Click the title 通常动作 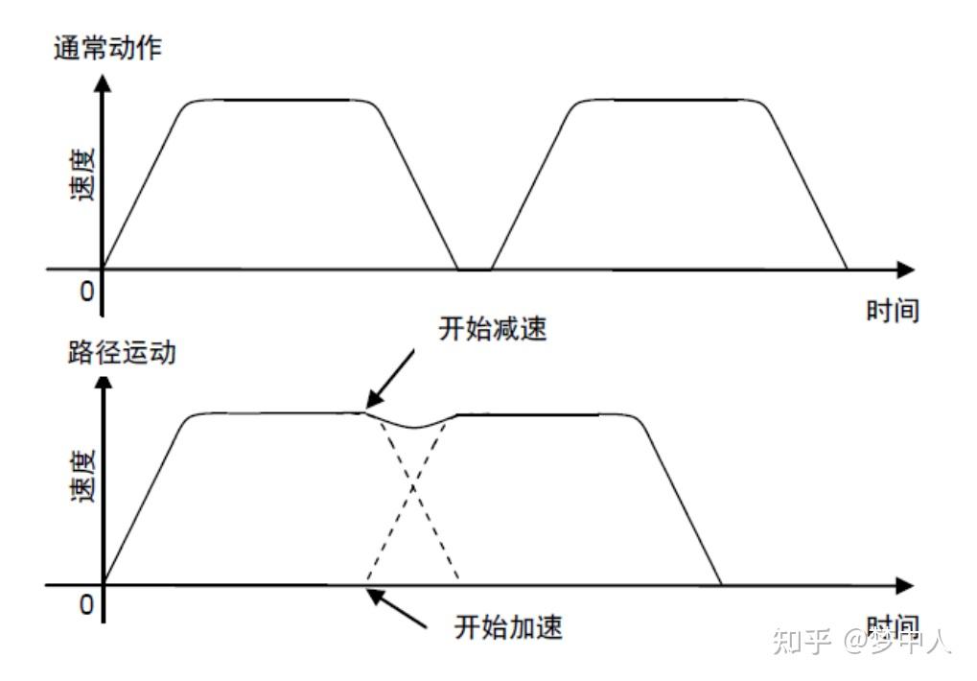tap(107, 48)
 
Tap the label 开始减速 tap(493, 329)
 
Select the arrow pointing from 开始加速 tap(398, 610)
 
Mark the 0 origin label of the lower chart tap(86, 606)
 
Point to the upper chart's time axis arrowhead tap(904, 270)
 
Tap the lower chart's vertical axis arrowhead tap(103, 384)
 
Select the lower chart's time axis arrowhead tap(904, 584)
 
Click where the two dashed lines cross tap(413, 488)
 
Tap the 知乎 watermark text tap(801, 641)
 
